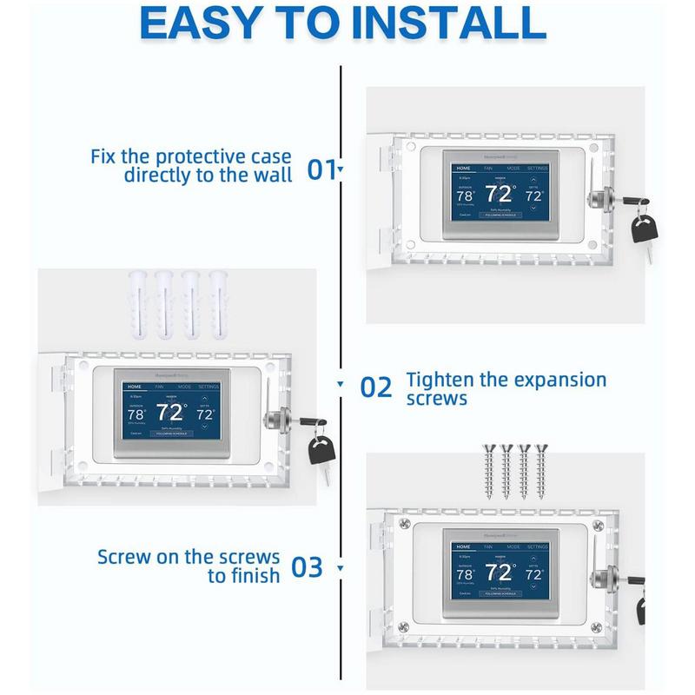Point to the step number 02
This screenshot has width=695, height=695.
pos(376,387)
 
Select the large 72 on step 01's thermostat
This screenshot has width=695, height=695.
pos(500,193)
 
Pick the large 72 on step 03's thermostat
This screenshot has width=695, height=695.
pos(500,573)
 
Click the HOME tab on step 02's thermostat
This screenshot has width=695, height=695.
pos(135,385)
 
